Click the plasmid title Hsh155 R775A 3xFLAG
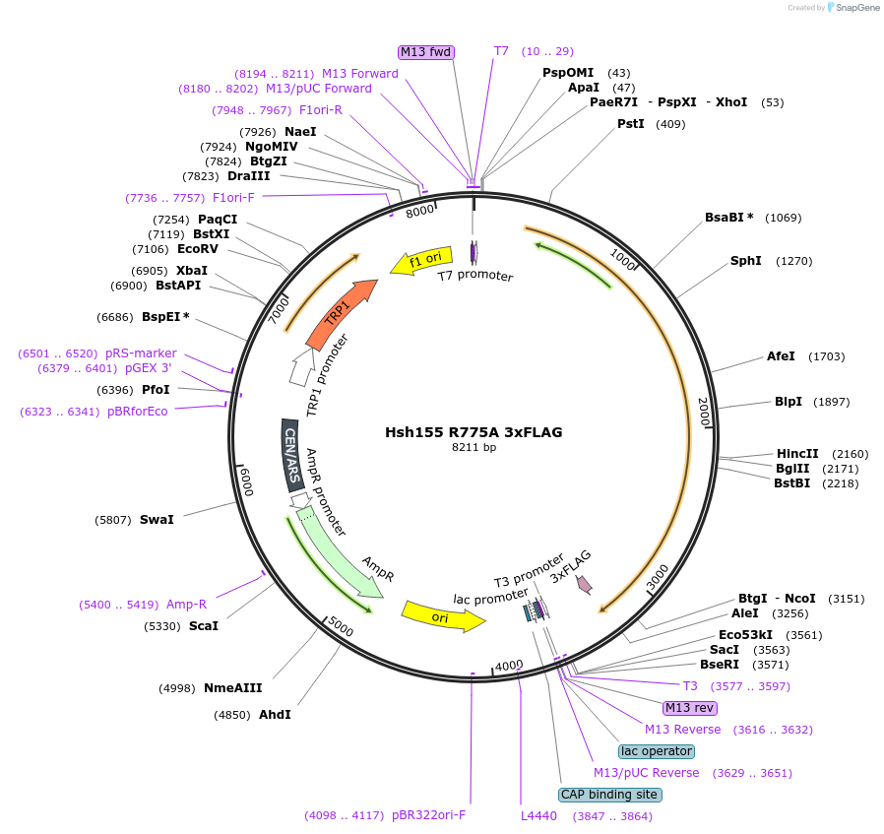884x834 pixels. click(474, 432)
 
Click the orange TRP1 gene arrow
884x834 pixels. click(341, 314)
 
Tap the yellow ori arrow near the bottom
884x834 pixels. click(442, 616)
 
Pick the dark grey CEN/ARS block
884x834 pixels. click(292, 456)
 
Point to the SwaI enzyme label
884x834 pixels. click(157, 519)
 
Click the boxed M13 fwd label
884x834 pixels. click(426, 51)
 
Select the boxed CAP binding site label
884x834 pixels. click(610, 795)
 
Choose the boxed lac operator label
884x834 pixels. click(657, 751)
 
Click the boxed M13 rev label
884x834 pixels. click(690, 708)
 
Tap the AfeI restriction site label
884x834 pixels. click(781, 356)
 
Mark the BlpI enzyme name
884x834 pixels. click(789, 402)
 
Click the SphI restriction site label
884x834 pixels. click(746, 261)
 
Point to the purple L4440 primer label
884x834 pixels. click(538, 816)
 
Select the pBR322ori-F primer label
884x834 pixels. click(428, 815)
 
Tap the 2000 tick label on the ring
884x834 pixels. click(703, 412)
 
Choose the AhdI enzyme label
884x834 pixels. click(275, 715)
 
